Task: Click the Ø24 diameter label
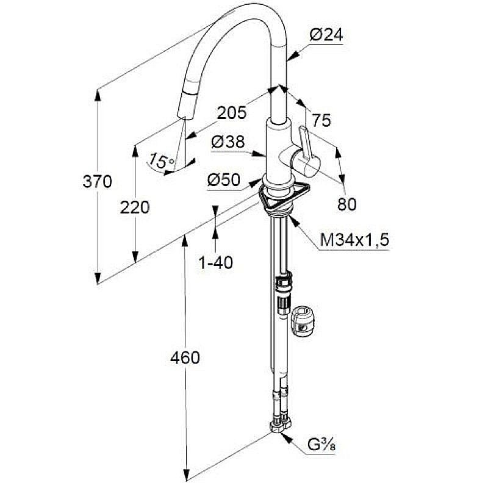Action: coord(326,35)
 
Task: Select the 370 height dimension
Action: coord(97,181)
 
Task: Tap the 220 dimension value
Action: coord(135,207)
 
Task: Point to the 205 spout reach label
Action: coord(232,113)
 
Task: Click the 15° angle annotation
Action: coord(161,161)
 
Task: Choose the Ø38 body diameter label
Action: coord(228,142)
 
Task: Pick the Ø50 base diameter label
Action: coord(224,179)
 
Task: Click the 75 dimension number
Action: coord(321,120)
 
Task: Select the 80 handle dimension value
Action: coord(347,204)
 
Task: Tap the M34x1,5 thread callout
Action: coord(354,240)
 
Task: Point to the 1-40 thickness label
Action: coord(215,263)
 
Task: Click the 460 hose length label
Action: coord(185,358)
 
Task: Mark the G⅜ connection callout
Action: coord(321,445)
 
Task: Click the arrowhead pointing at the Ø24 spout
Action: coord(293,56)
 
